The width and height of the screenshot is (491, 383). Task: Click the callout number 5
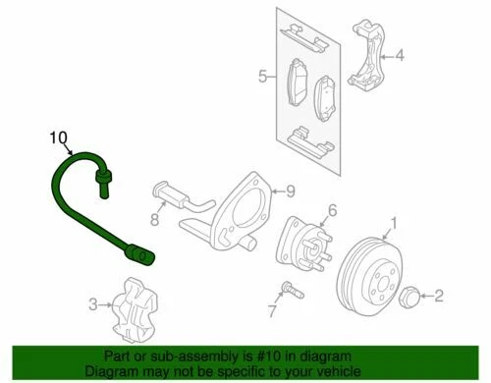coord(261,75)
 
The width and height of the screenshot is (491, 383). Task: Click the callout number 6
coord(332,209)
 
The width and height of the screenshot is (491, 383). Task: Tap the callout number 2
coord(439,294)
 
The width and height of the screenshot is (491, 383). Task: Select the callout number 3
coord(92,305)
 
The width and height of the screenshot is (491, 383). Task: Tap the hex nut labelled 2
coord(412,294)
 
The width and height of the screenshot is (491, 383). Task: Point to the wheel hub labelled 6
coord(300,247)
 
